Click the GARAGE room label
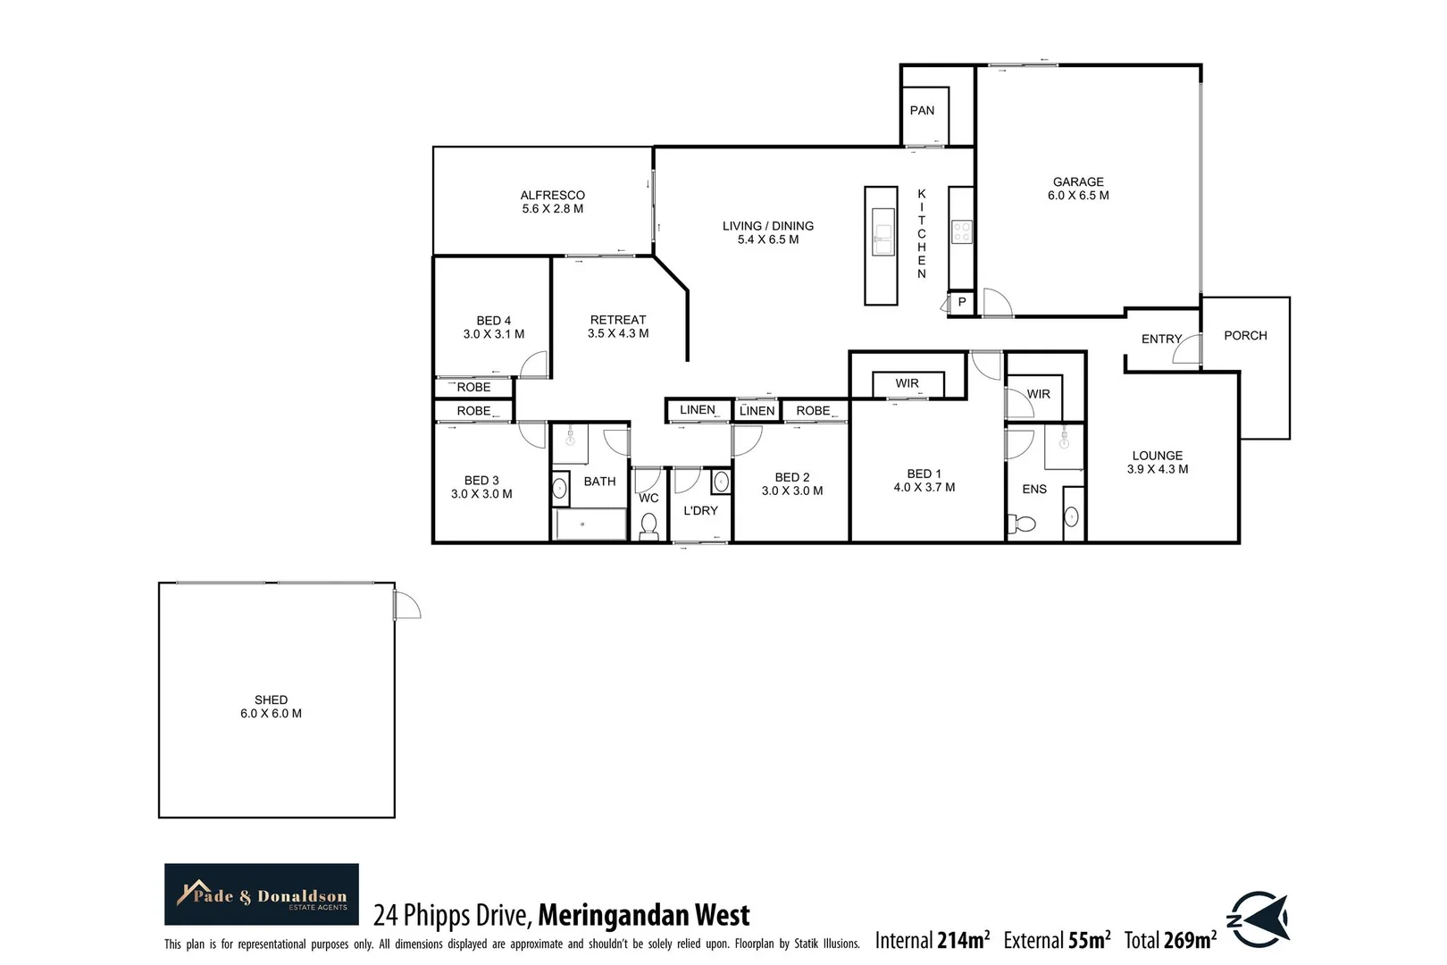(x=1078, y=188)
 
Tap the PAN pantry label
(x=922, y=111)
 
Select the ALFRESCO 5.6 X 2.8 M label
(x=552, y=202)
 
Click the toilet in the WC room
(x=648, y=524)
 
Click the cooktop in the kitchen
(x=961, y=232)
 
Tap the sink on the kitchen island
(x=882, y=233)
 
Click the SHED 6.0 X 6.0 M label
(x=271, y=707)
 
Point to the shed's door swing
(x=407, y=605)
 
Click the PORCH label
(x=1245, y=336)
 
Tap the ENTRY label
(x=1161, y=340)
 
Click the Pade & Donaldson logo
(x=262, y=894)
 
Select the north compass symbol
(x=1259, y=919)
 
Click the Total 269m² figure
(x=1170, y=940)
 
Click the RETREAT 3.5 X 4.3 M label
(x=618, y=326)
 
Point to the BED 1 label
(x=924, y=481)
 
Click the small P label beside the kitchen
(x=962, y=302)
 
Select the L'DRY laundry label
(x=700, y=511)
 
